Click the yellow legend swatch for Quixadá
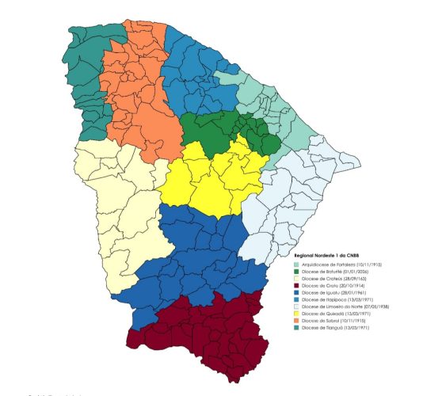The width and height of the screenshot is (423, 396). (297, 314)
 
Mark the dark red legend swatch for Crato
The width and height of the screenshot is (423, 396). (297, 285)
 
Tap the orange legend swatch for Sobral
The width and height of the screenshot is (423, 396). (297, 321)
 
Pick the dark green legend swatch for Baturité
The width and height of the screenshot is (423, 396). (297, 271)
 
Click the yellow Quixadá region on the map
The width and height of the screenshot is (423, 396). (210, 178)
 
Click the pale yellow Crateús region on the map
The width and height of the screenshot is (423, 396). (119, 206)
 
